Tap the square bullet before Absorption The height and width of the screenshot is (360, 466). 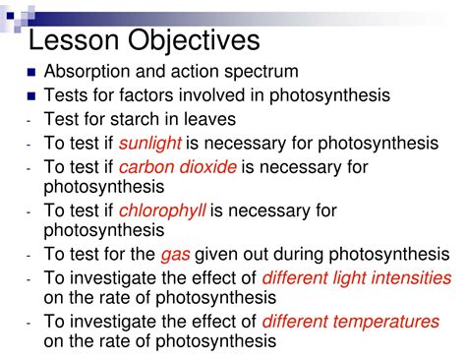[32, 73]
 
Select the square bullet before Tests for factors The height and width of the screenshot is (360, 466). [32, 96]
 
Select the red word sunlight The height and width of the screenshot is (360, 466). [146, 144]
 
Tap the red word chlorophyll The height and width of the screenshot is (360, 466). [158, 210]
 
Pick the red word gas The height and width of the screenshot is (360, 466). [175, 254]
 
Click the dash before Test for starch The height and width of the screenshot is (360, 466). [30, 120]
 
